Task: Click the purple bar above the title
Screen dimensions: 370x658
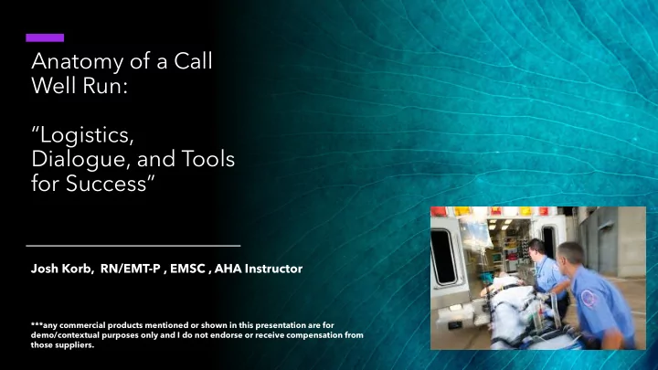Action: (x=45, y=37)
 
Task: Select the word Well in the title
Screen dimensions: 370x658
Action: (x=54, y=91)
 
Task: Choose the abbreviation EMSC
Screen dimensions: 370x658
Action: (x=185, y=270)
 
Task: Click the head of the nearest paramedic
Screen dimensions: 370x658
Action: (x=571, y=256)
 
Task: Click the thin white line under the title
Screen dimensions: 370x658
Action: (x=133, y=246)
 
